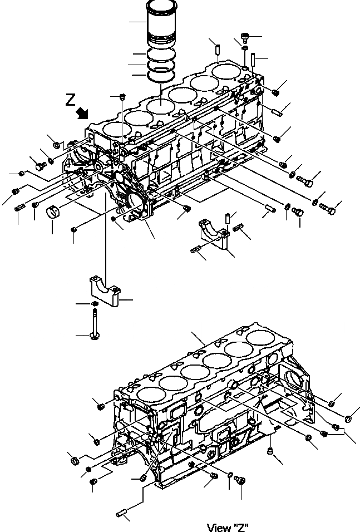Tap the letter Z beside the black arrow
point(70,100)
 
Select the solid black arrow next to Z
point(83,112)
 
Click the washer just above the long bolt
point(95,303)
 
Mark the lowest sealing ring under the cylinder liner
point(160,76)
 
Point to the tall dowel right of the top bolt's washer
point(254,58)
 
